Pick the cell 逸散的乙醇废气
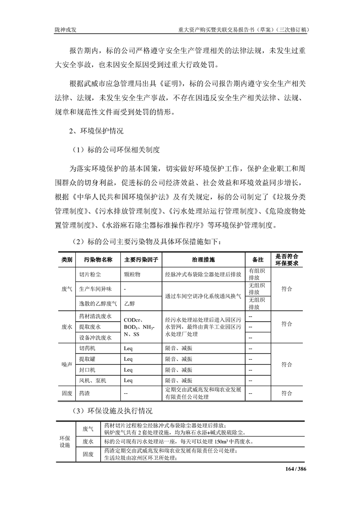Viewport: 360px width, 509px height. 98,303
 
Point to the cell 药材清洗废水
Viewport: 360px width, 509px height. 95,316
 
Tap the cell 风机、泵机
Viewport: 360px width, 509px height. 93,380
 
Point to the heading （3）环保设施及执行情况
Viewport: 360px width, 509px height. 113,411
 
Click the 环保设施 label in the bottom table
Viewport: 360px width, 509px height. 65,441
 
